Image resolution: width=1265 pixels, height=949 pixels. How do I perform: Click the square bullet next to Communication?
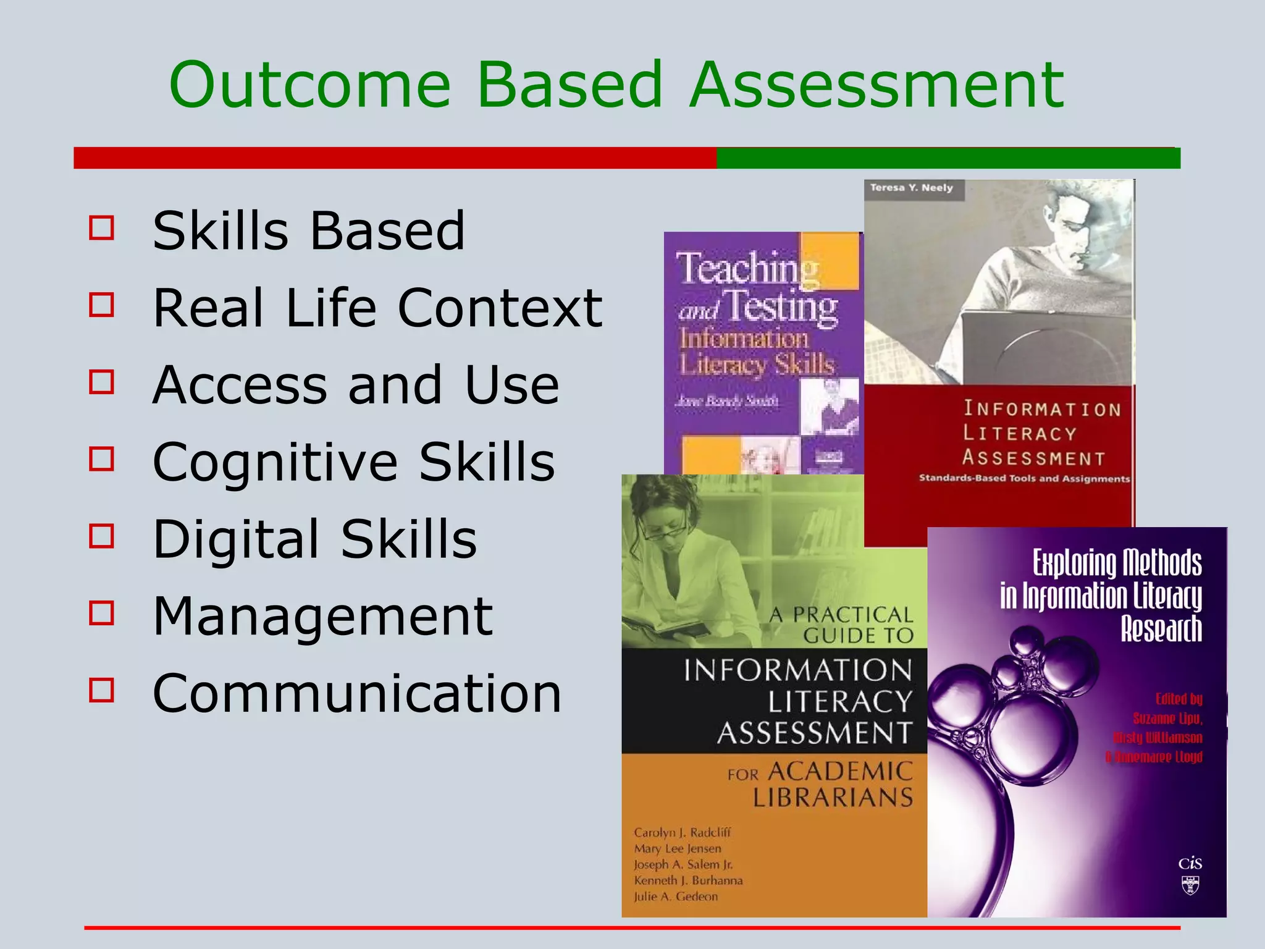[102, 690]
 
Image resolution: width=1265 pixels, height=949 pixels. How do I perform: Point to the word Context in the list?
[500, 308]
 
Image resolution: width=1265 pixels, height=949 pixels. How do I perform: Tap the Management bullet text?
[322, 616]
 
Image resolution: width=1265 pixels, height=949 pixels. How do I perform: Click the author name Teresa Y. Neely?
[911, 188]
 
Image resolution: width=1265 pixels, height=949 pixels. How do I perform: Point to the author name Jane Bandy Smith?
[726, 401]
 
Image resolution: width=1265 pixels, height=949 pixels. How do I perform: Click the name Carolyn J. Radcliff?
[682, 832]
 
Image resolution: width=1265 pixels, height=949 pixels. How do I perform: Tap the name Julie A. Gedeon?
[676, 896]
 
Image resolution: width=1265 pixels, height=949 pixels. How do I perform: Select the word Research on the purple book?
[1161, 629]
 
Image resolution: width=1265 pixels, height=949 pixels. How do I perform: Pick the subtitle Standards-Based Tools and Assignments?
[1023, 478]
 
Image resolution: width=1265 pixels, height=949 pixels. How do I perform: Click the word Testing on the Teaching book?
[781, 307]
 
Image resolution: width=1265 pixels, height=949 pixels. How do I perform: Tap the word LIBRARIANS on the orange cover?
[833, 798]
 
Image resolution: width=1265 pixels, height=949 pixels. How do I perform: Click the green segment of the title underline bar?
[948, 158]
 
